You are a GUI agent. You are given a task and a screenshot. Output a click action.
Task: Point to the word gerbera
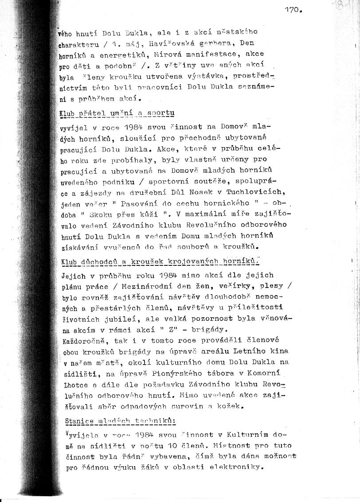[x=215, y=44]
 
